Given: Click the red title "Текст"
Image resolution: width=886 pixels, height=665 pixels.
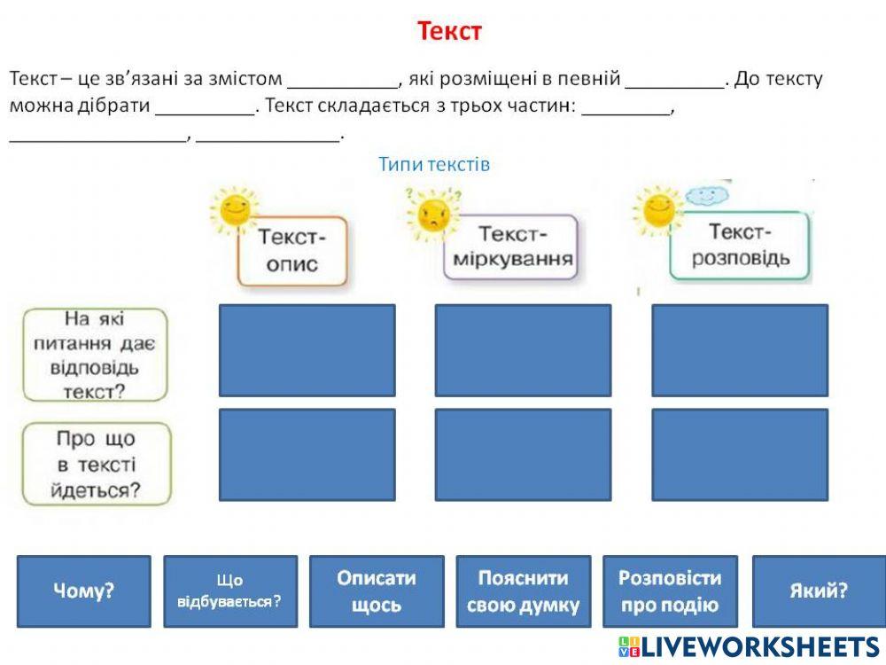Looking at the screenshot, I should (x=449, y=32).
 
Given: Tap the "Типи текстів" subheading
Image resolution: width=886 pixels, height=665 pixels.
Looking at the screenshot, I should (x=434, y=164).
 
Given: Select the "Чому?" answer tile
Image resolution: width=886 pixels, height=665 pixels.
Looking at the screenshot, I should (x=84, y=591).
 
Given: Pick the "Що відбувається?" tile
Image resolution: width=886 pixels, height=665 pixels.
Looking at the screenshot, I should (x=230, y=591).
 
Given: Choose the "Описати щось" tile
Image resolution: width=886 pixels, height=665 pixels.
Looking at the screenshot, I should (x=377, y=591).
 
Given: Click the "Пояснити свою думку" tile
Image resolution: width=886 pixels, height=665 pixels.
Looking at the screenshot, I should (x=523, y=591).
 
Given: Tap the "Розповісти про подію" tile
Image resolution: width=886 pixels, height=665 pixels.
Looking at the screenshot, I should (x=670, y=591).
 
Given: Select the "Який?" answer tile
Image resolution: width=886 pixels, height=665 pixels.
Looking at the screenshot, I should (x=818, y=591).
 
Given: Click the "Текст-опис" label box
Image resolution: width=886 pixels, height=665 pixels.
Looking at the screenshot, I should (x=292, y=251).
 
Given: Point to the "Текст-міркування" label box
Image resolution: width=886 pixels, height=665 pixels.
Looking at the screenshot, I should (x=512, y=247).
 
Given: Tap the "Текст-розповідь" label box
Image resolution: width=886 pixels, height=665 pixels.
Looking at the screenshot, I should (x=739, y=246).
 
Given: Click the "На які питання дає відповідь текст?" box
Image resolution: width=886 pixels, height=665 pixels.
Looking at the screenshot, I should (x=95, y=354).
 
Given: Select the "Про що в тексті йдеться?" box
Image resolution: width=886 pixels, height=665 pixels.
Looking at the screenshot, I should (x=95, y=464).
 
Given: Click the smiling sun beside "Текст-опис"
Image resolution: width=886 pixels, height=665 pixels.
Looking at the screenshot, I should (x=234, y=209).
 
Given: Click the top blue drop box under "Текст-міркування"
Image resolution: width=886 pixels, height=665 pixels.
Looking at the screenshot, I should (x=523, y=350).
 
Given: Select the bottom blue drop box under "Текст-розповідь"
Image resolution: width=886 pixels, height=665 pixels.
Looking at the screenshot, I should (x=740, y=454).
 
